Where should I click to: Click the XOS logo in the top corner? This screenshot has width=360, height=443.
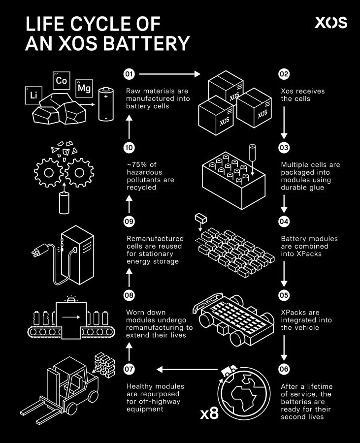[x=331, y=23]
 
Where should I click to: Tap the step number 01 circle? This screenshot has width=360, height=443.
[x=129, y=74]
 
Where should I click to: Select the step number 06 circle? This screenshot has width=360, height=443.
[x=284, y=369]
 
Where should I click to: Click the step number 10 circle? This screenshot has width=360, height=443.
[x=129, y=148]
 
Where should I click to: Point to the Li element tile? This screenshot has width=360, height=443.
[x=33, y=95]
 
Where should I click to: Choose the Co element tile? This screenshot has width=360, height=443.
[x=62, y=81]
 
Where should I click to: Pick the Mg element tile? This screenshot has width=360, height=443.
[x=84, y=88]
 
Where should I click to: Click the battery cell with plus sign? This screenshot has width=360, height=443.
[x=106, y=104]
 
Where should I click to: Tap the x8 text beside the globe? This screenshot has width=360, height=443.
[x=209, y=413]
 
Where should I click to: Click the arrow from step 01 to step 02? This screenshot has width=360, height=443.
[x=170, y=74]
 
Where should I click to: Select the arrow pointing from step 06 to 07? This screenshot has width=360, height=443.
[x=187, y=369]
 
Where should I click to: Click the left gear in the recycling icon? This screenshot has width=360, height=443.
[x=49, y=173]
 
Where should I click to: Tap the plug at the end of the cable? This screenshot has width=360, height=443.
[x=37, y=251]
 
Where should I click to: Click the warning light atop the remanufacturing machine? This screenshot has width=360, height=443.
[x=71, y=299]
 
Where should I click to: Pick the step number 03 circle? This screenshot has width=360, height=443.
[x=284, y=148]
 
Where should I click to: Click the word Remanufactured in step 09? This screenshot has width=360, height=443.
[x=155, y=238]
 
